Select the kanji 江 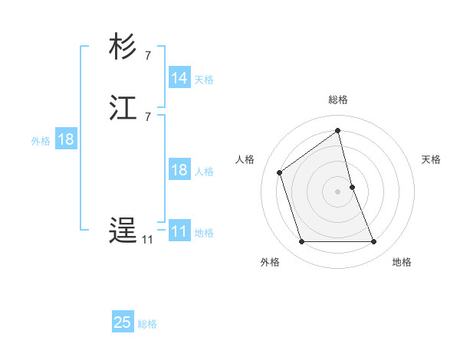[123, 108]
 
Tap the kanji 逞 [123, 231]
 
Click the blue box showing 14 [179, 78]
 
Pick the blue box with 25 [123, 322]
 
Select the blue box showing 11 [179, 231]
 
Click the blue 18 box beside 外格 [65, 139]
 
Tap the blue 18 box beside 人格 [179, 170]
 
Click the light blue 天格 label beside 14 [204, 80]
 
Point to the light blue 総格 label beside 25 [147, 324]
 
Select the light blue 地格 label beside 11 [204, 233]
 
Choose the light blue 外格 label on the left [41, 141]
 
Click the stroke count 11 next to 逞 [146, 240]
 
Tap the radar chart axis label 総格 [338, 100]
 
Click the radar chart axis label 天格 [432, 159]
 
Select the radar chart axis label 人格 [245, 159]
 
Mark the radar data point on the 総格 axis [338, 131]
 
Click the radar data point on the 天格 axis [353, 186]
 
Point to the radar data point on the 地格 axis [374, 242]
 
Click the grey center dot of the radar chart [338, 191]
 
